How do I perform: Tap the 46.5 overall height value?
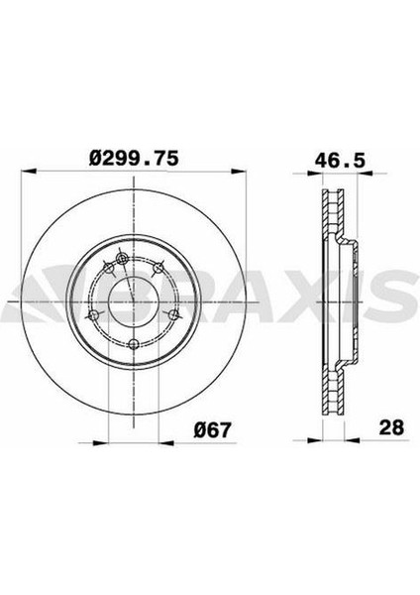[337, 157]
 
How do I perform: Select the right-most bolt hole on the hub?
[175, 315]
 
